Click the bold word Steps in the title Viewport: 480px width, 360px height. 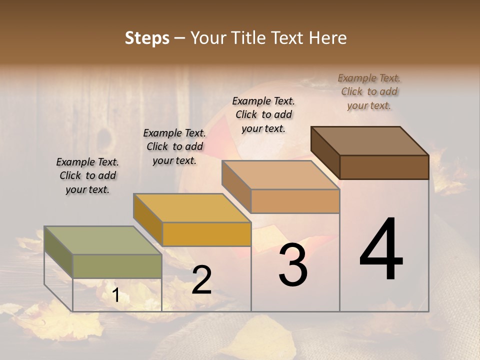(147, 38)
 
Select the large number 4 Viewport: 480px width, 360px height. (381, 250)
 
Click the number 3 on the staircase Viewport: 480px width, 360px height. (293, 265)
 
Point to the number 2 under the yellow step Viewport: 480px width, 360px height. (201, 280)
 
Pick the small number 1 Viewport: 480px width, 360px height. (116, 295)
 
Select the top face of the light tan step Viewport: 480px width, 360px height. (280, 175)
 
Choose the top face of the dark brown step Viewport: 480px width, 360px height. (370, 141)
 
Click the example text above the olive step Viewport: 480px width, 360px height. (87, 175)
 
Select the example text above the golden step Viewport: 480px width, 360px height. (174, 146)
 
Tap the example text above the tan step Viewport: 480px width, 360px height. (263, 114)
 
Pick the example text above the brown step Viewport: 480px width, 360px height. (369, 91)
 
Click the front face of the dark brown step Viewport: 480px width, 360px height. (384, 167)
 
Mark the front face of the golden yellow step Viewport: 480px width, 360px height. (206, 234)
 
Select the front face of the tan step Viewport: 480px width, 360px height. (295, 201)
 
